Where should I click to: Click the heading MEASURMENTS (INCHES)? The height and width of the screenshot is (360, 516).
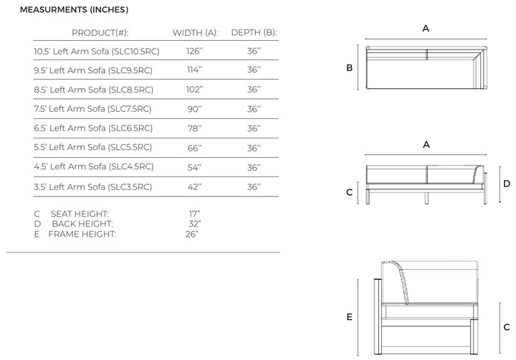pos(74,9)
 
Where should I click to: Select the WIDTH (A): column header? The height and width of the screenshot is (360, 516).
pos(196,32)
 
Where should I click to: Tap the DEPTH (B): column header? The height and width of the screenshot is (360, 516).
pos(254,32)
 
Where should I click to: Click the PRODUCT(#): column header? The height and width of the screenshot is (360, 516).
pos(100,32)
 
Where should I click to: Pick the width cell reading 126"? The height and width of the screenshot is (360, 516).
pos(194,51)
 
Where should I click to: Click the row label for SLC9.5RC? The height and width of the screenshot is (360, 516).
pos(93,70)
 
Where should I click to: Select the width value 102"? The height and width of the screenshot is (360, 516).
pos(194,89)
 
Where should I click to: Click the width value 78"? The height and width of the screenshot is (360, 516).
pos(194,128)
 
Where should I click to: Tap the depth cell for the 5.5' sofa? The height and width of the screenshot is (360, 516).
pos(254,148)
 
